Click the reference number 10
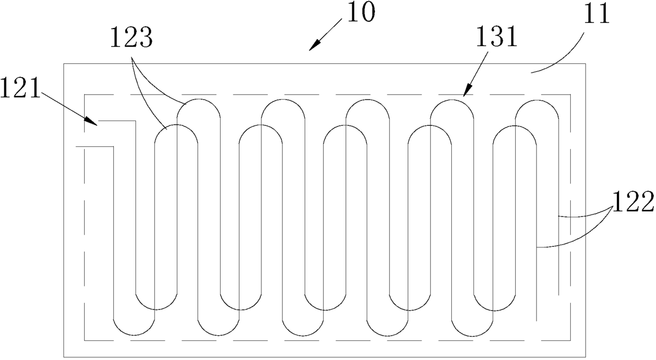360,13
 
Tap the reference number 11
597,14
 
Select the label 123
131,38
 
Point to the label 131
496,37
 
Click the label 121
20,88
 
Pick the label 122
633,201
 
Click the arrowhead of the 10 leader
315,46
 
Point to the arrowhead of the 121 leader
91,121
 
